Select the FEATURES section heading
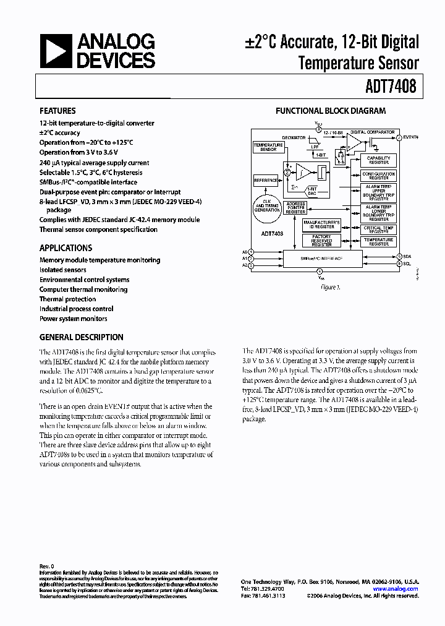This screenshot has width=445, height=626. point(57,111)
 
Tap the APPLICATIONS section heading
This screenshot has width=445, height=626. point(66,248)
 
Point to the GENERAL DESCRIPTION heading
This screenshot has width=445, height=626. point(81,338)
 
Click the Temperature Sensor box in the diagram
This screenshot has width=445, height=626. point(268,147)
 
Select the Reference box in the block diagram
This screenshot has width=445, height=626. point(266,181)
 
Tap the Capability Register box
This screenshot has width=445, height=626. point(378,160)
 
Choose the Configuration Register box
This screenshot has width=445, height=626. point(378,176)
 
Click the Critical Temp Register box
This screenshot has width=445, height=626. point(378,229)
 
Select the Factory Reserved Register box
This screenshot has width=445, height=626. point(322,240)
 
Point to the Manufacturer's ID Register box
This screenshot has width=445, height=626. point(322,225)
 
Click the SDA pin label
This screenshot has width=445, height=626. point(407,256)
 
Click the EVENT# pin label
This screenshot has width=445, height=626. point(412,137)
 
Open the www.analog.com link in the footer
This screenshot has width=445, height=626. point(395,589)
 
